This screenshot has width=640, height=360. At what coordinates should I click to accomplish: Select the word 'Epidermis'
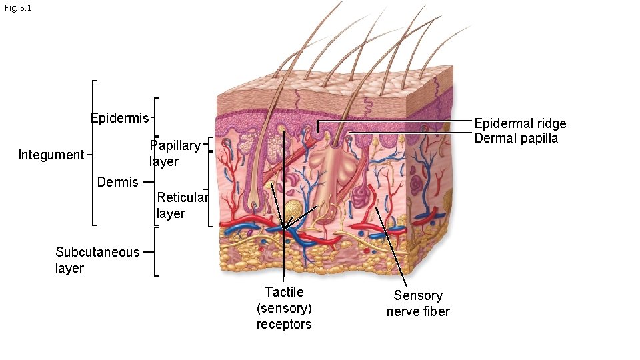[120, 119]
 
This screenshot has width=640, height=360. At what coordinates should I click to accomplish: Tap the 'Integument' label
[51, 155]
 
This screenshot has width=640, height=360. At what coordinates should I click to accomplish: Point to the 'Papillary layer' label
[174, 153]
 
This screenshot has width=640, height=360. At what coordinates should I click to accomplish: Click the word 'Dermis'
[117, 182]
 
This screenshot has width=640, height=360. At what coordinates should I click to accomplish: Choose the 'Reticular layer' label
[182, 205]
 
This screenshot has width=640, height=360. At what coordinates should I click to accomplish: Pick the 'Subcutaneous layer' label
[97, 260]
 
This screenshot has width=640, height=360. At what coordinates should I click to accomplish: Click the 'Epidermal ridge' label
[520, 123]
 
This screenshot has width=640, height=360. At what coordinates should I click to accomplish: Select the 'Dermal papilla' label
[516, 138]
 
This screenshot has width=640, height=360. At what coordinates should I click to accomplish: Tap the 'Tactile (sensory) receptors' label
[284, 308]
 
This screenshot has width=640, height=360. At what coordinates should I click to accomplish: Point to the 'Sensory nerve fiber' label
[418, 303]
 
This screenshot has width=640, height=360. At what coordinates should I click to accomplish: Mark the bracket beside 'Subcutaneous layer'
[155, 251]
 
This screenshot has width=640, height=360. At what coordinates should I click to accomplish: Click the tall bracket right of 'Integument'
[93, 153]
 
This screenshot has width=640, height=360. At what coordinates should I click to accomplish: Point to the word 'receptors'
[284, 325]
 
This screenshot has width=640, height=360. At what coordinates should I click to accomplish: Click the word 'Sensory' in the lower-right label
[418, 295]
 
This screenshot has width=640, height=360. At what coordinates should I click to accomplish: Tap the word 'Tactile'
[284, 292]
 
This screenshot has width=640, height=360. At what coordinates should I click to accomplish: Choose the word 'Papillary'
[175, 145]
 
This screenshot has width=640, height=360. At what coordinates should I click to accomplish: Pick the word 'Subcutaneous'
[97, 252]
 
